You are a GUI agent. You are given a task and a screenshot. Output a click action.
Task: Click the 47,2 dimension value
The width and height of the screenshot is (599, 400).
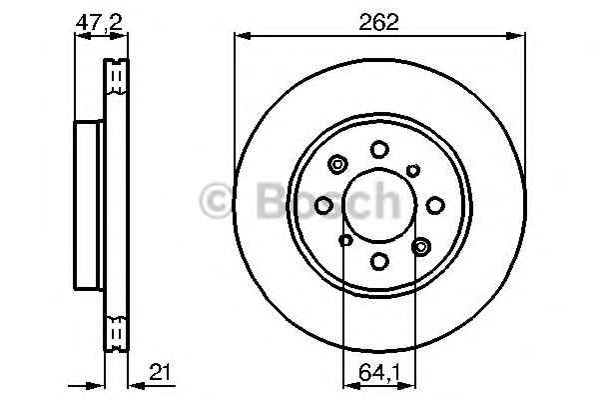click(x=99, y=23)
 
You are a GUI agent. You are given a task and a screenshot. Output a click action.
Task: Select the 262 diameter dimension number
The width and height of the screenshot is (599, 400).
click(x=378, y=22)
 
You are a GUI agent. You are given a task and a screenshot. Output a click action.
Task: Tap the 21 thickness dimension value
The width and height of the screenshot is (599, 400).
click(x=160, y=372)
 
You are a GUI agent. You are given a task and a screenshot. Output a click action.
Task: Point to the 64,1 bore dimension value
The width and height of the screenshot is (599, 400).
click(x=379, y=372)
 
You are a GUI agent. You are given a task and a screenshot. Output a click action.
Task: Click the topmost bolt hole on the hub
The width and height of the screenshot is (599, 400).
click(x=379, y=149)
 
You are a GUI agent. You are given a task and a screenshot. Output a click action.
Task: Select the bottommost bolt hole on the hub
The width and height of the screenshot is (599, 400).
click(x=379, y=261)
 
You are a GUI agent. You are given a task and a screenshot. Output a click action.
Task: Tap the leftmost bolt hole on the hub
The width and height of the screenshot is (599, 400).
click(x=323, y=206)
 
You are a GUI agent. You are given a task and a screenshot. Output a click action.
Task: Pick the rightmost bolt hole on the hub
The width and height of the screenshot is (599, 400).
click(x=435, y=206)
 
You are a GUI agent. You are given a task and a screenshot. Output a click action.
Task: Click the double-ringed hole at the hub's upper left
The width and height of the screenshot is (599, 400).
click(x=337, y=165)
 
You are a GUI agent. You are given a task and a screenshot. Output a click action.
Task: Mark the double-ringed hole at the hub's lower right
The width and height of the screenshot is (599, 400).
click(x=421, y=247)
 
